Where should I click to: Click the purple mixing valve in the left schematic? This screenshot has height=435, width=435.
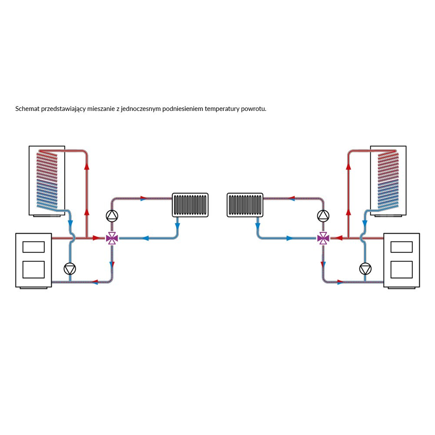pyautogui.click(x=112, y=238)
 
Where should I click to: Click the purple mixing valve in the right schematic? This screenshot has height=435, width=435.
pyautogui.click(x=323, y=238)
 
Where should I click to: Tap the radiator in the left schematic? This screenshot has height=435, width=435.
pyautogui.click(x=190, y=205)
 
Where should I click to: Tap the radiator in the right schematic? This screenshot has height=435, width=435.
pyautogui.click(x=245, y=205)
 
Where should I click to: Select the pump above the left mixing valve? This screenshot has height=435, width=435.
pyautogui.click(x=112, y=215)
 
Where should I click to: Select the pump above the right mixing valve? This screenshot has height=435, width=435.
pyautogui.click(x=323, y=215)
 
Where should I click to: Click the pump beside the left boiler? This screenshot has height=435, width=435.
pyautogui.click(x=70, y=269)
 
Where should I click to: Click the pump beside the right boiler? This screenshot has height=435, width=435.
pyautogui.click(x=365, y=269)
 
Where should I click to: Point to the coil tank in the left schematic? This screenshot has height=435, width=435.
pyautogui.click(x=47, y=181)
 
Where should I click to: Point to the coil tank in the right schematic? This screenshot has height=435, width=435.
pyautogui.click(x=388, y=181)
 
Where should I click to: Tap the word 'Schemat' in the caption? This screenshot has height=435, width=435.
pyautogui.click(x=27, y=109)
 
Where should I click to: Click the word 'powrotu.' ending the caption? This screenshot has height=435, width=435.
pyautogui.click(x=254, y=109)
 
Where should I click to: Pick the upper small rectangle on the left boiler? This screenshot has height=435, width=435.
pyautogui.click(x=33, y=247)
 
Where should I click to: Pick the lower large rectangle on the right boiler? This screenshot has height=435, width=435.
pyautogui.click(x=402, y=269)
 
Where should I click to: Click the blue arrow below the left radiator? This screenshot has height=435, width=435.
pyautogui.click(x=177, y=227)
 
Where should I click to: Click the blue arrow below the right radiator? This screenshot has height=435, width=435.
pyautogui.click(x=258, y=227)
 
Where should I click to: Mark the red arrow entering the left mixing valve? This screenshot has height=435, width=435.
pyautogui.click(x=97, y=238)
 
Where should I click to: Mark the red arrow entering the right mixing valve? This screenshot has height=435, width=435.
pyautogui.click(x=339, y=238)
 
